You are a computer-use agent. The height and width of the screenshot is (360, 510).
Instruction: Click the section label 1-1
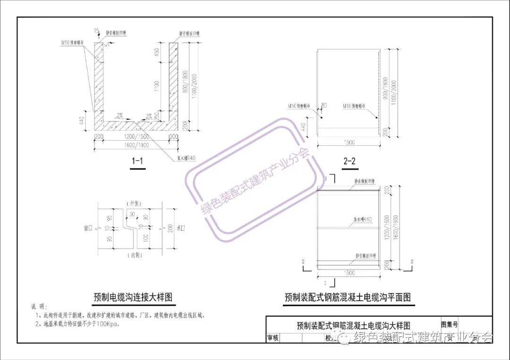(x=137, y=162)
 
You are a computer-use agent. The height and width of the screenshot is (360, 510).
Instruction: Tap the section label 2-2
(x=349, y=162)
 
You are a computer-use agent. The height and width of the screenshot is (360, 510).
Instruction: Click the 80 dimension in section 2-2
(x=324, y=105)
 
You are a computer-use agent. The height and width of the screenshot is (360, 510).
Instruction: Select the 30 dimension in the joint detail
(x=132, y=214)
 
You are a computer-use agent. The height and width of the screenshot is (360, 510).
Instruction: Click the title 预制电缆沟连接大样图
(x=133, y=297)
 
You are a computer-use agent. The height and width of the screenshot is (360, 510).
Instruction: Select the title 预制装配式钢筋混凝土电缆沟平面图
(x=348, y=297)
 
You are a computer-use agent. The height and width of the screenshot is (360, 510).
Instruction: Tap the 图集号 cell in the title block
(x=449, y=325)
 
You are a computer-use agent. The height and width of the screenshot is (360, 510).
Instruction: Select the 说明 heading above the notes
(x=37, y=307)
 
